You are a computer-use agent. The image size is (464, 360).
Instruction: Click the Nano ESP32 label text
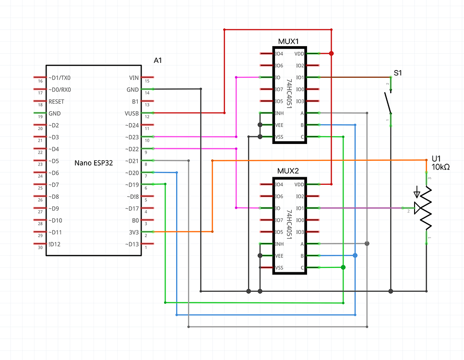pos(94,163)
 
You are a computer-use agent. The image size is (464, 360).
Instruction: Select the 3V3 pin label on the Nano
pos(133,232)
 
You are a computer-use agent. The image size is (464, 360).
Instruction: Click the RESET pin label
pos(56,102)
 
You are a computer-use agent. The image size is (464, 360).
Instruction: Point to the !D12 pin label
pos(55,244)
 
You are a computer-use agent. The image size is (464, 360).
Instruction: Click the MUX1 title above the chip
pos(288,41)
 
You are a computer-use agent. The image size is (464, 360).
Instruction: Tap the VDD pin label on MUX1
pos(299,54)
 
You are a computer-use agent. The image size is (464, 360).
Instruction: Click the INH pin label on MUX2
pos(279,244)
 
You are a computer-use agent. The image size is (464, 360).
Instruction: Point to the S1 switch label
pos(398,73)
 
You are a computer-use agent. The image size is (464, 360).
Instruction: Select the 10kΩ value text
pos(440,167)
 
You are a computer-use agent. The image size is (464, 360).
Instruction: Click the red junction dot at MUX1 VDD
pos(331,53)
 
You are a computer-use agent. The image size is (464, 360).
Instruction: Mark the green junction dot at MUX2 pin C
pos(343,267)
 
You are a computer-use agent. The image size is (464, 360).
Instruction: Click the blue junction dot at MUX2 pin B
pos(355,256)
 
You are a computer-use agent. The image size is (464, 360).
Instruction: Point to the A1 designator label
pos(158,60)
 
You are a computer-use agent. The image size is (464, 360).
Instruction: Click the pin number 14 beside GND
pos(146,93)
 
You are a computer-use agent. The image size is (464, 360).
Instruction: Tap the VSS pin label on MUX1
pos(279,137)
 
